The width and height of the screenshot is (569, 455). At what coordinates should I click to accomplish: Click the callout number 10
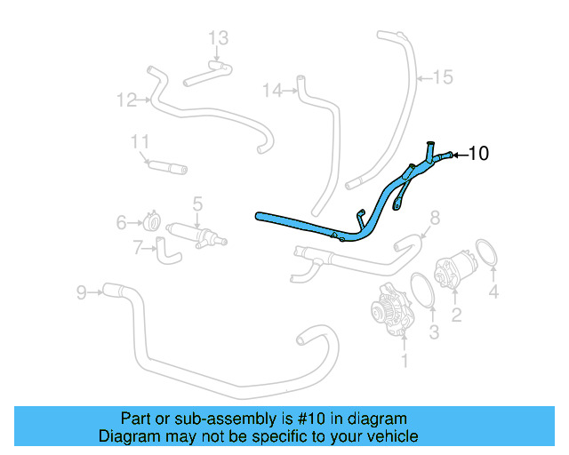(477, 154)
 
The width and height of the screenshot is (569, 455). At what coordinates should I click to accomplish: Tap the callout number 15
(442, 77)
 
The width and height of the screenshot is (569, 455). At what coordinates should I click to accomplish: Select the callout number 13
(219, 37)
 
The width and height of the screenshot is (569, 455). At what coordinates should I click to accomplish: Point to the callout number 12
(125, 99)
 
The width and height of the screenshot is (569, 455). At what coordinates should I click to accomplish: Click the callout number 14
(272, 90)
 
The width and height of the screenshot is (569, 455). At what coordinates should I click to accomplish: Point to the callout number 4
(494, 291)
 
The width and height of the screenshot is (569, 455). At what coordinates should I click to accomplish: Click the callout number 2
(456, 314)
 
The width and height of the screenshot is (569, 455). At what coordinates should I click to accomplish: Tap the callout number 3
(434, 333)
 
